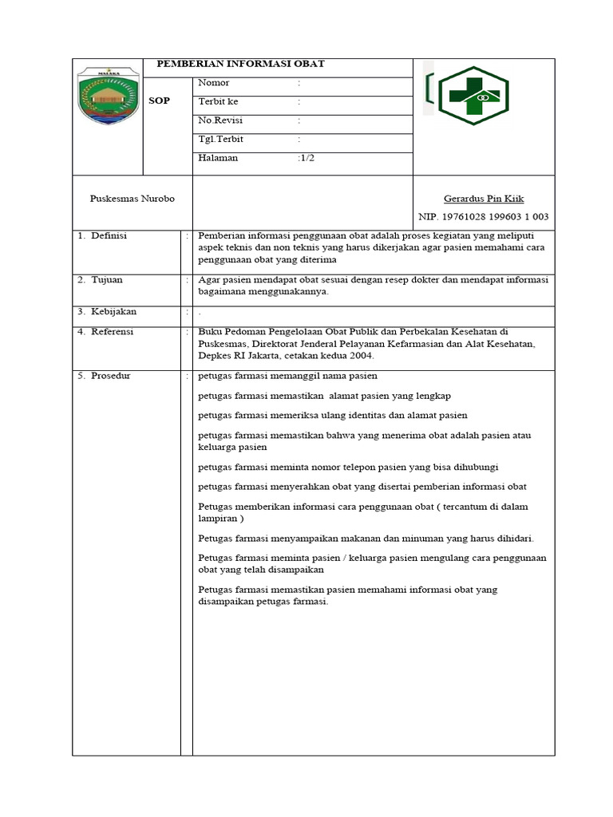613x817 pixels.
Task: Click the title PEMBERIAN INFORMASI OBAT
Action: tap(240, 65)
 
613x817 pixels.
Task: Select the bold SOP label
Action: tap(160, 101)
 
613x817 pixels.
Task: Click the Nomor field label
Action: tap(213, 83)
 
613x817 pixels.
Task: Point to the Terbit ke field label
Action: tap(218, 102)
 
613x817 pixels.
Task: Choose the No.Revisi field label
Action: tap(220, 120)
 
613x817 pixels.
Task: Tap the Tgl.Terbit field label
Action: tap(220, 139)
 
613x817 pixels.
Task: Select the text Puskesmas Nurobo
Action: tap(132, 198)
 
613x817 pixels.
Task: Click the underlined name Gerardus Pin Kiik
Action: tap(484, 199)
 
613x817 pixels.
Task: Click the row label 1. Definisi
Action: tap(103, 236)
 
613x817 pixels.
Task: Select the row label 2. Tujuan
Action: tap(101, 280)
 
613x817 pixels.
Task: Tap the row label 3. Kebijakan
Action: tap(108, 311)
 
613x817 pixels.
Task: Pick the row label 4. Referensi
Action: tap(106, 332)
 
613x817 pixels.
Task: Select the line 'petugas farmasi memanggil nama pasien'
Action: tap(287, 376)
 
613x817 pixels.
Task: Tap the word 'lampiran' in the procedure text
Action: tap(218, 519)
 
